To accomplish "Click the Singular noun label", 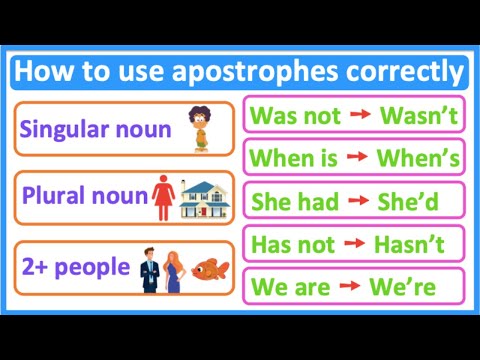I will tap(90, 130).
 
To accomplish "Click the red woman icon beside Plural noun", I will tap(163, 198).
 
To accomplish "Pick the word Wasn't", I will tap(419, 115).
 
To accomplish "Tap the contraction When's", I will tap(419, 158).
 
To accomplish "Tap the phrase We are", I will tap(290, 287).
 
